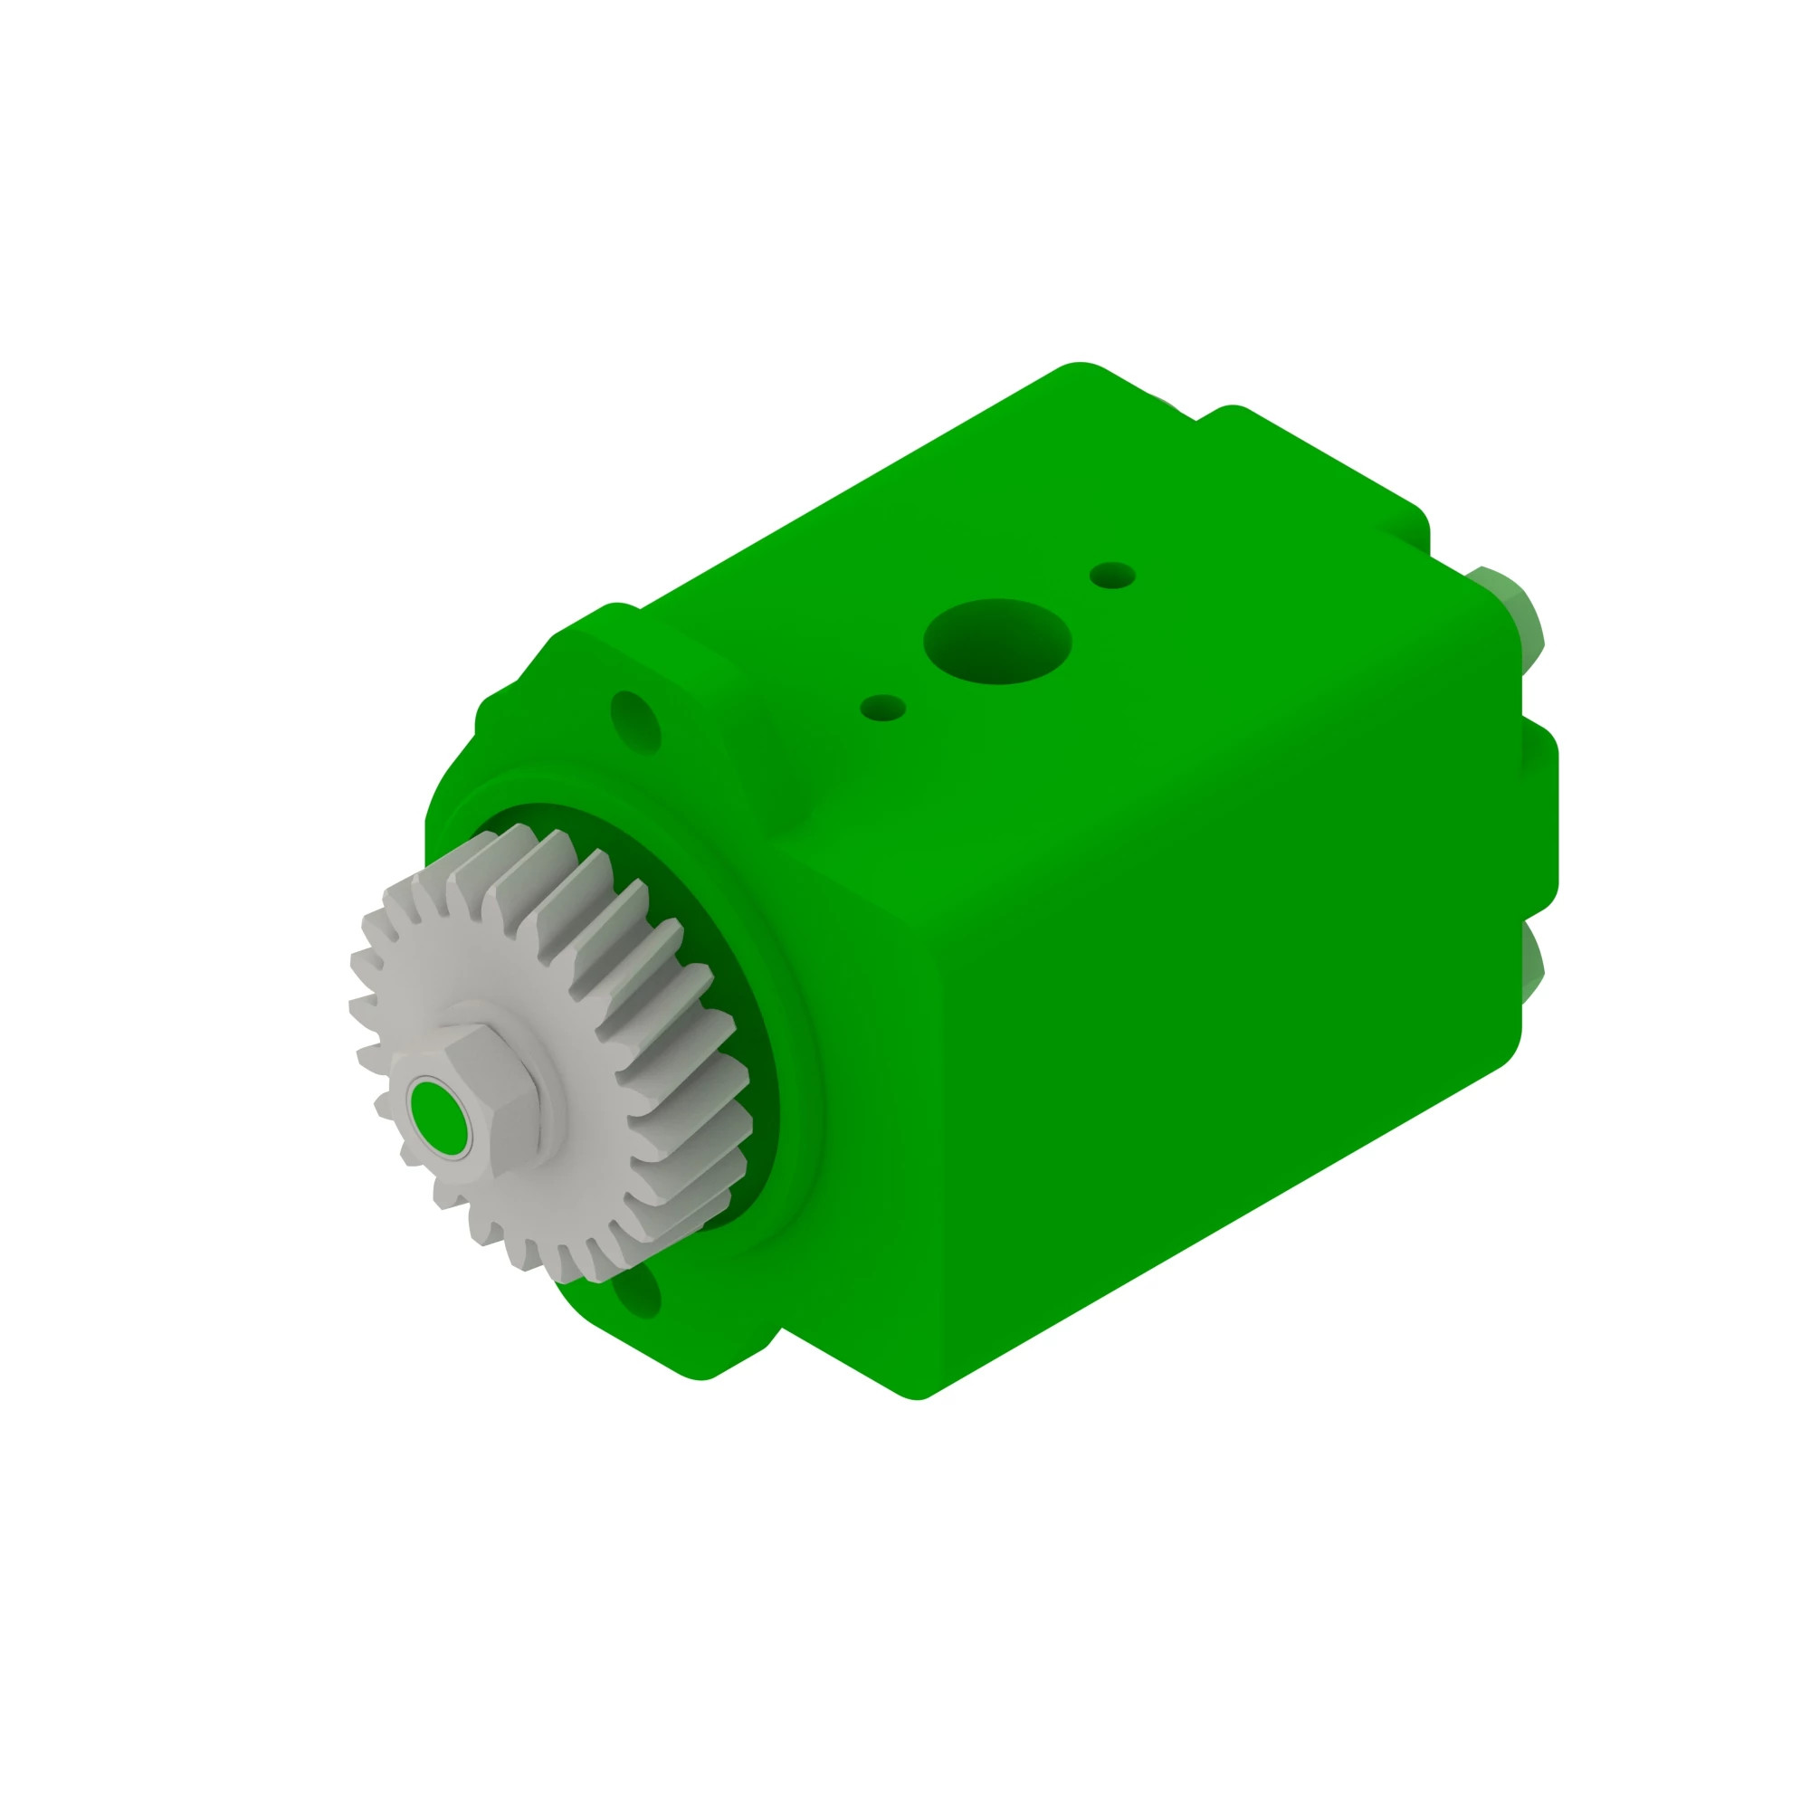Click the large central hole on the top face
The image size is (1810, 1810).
[x=996, y=642]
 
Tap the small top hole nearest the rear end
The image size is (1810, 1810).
[x=1112, y=576]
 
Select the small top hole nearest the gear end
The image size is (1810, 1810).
[x=882, y=708]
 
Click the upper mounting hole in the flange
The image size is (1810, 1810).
[x=635, y=720]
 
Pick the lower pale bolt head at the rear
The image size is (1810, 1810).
[x=1531, y=965]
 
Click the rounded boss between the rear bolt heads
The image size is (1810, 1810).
[x=1538, y=815]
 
